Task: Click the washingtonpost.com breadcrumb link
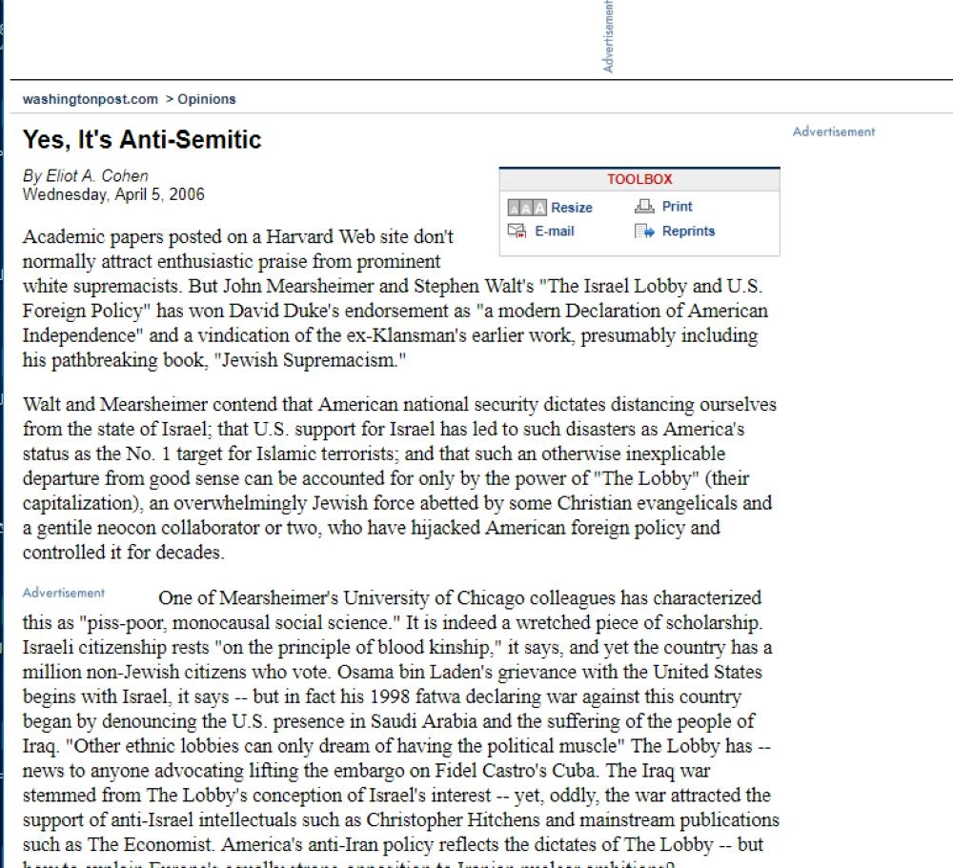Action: click(90, 99)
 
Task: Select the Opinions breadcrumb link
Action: click(206, 99)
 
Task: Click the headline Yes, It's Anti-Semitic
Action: click(141, 139)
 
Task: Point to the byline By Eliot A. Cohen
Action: click(85, 176)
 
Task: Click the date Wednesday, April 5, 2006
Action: click(112, 194)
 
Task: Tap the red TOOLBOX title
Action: click(639, 179)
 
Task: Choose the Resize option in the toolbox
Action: click(571, 207)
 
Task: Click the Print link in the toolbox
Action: click(677, 206)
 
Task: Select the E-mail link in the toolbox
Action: click(554, 231)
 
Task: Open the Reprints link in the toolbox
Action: click(688, 231)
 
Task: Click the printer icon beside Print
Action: click(645, 206)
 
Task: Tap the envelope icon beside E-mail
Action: click(517, 231)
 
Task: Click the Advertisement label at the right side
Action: click(833, 131)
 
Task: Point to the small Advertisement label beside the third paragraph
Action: click(63, 593)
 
